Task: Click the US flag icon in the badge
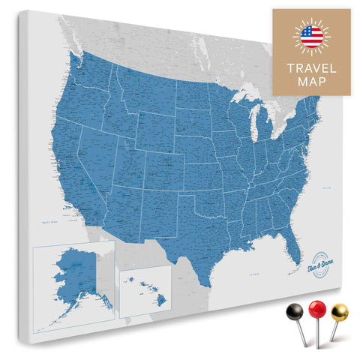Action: point(310,35)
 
